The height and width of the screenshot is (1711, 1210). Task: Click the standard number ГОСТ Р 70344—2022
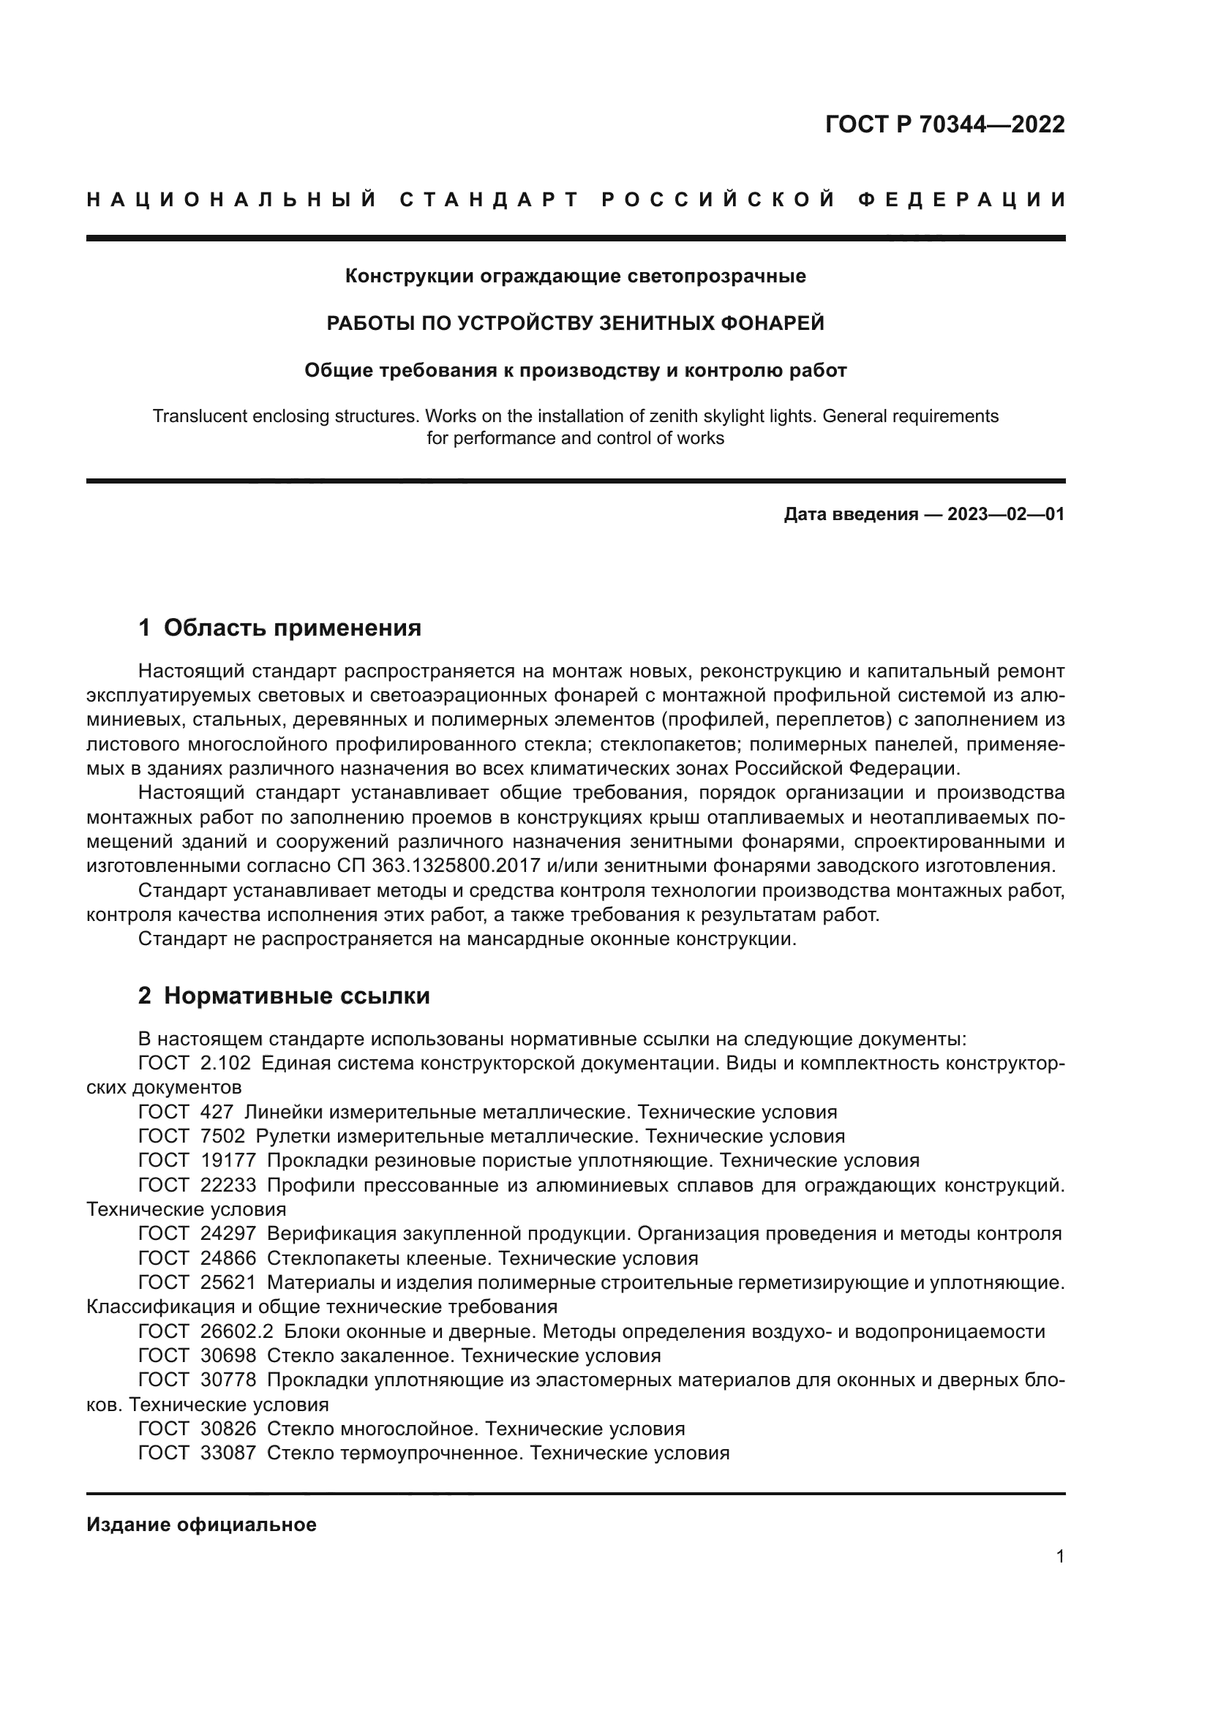click(x=944, y=124)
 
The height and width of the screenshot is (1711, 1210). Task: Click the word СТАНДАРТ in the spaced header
click(x=489, y=200)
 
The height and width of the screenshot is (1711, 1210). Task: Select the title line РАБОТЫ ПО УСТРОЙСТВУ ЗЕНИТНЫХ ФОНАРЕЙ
click(x=575, y=323)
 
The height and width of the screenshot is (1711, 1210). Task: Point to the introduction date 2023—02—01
click(x=1005, y=514)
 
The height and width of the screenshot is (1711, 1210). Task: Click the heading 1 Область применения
click(x=279, y=628)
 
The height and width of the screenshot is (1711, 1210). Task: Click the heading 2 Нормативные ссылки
click(x=284, y=996)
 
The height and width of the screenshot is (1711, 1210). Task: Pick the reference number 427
click(x=217, y=1112)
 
